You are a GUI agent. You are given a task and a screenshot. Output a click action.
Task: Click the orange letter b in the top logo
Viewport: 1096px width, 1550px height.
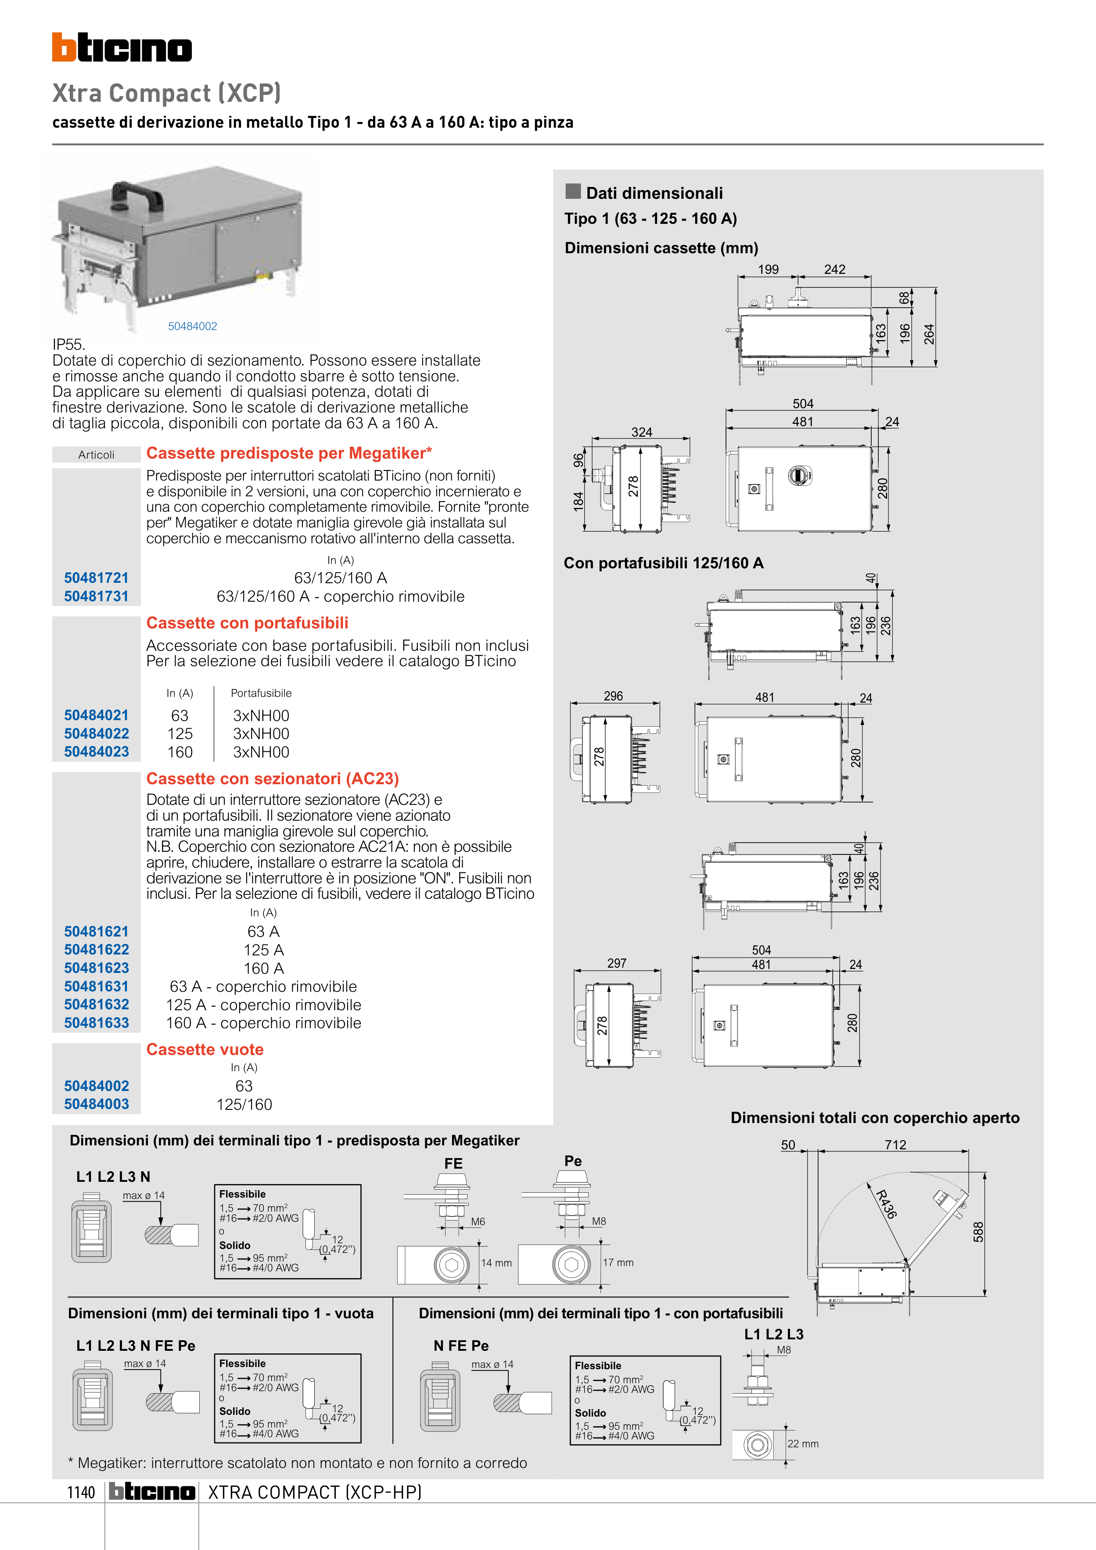coord(64,47)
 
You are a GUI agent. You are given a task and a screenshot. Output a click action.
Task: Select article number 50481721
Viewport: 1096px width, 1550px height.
coord(96,578)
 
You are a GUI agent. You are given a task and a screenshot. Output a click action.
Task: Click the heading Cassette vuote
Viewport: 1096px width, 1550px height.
coord(205,1049)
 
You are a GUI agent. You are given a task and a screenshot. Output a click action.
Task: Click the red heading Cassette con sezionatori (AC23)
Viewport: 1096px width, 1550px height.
coord(272,779)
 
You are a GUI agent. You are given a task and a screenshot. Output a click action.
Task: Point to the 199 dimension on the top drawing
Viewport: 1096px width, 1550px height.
coord(768,269)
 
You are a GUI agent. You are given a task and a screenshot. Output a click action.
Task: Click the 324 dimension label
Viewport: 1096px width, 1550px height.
coord(642,432)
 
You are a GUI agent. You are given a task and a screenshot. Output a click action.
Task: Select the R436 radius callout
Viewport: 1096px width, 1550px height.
coord(886,1204)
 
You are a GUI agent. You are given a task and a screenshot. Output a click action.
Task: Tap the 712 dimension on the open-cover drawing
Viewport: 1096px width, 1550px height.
coord(895,1145)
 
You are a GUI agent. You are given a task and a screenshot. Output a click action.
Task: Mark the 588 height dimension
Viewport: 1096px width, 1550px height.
coord(978,1232)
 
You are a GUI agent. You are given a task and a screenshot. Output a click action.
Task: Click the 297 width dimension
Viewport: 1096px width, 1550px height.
coord(617,963)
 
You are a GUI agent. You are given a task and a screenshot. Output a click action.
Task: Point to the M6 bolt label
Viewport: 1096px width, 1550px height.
coord(478,1221)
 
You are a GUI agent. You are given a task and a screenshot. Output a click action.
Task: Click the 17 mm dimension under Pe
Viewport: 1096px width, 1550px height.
coord(618,1263)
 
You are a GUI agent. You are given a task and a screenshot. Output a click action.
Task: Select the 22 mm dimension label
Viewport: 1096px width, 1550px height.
coord(803,1443)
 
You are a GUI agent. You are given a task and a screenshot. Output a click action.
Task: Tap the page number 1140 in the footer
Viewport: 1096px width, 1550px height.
coord(81,1492)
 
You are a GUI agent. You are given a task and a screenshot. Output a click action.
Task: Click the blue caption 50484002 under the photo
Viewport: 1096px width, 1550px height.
coord(192,326)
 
